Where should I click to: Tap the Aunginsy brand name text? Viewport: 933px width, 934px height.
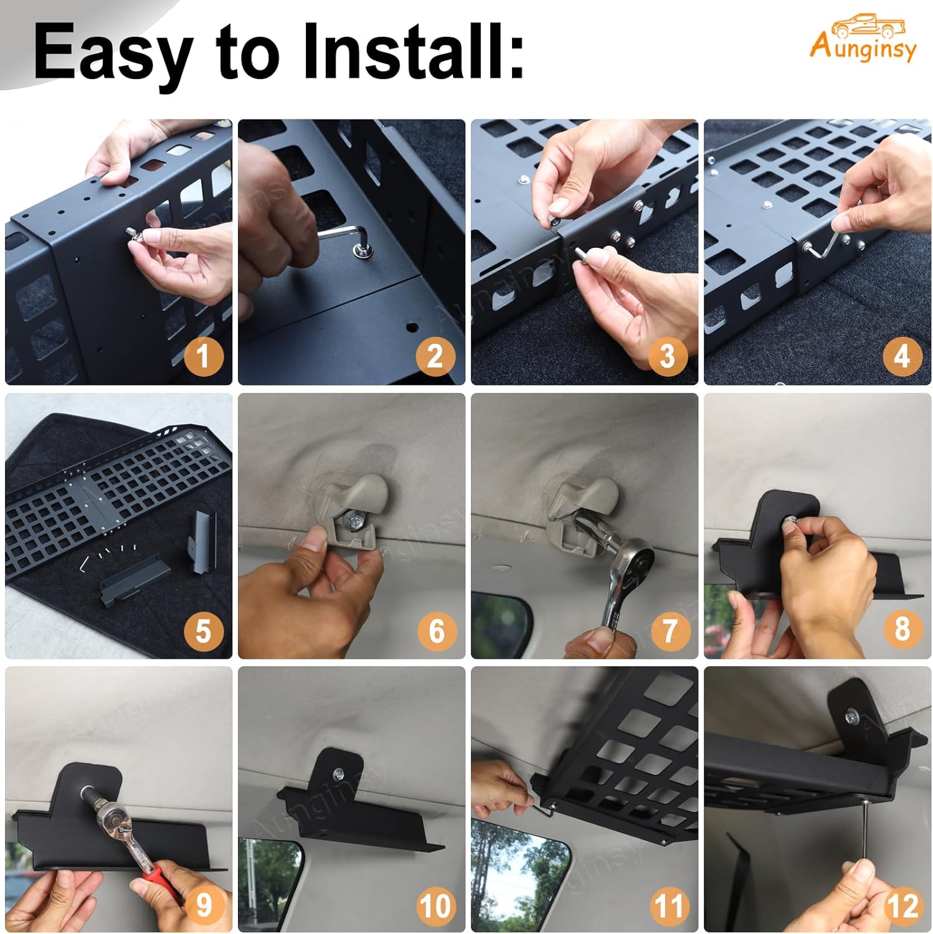tap(863, 48)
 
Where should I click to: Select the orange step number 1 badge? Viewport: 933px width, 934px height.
tap(202, 356)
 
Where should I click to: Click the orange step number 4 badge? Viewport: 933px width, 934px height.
tap(901, 356)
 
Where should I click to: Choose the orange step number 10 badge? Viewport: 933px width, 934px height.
tap(435, 905)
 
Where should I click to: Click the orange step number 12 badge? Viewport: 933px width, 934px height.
tap(901, 905)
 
